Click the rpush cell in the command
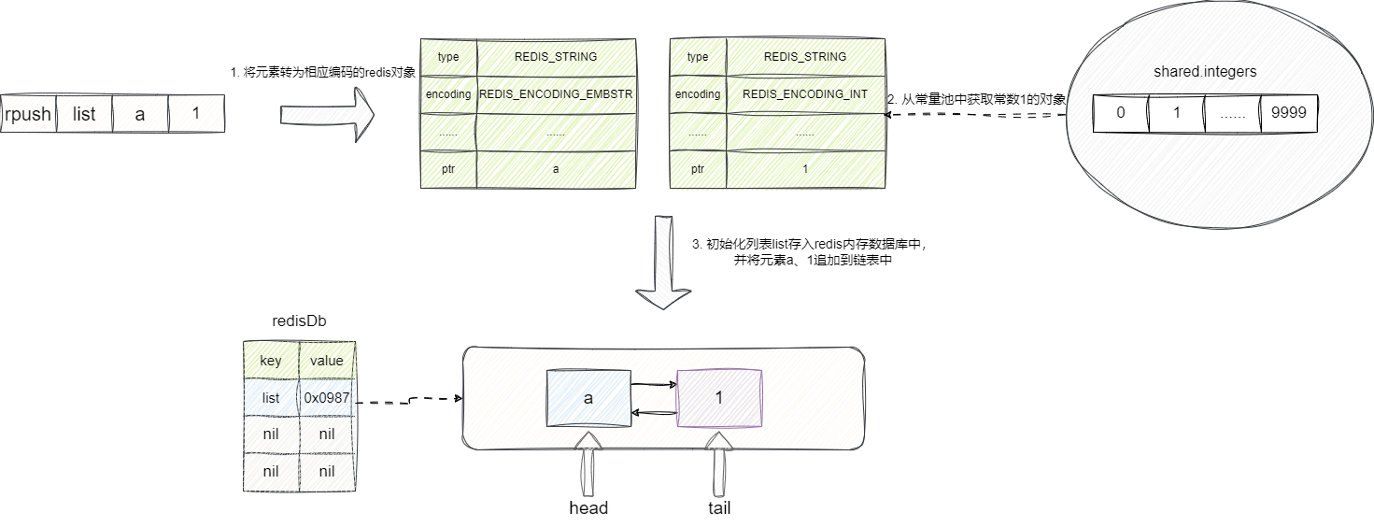click(28, 114)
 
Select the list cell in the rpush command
click(84, 114)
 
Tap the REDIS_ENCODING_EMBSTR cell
click(556, 94)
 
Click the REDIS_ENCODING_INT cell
click(804, 94)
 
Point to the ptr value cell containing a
click(556, 169)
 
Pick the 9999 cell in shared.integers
click(1288, 114)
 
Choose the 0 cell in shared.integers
click(1120, 114)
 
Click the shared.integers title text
click(1204, 71)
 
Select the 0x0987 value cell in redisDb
click(327, 397)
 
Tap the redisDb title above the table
click(299, 320)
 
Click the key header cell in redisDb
click(270, 360)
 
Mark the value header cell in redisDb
click(327, 360)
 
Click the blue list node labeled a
click(588, 398)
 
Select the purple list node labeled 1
click(719, 398)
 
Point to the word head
click(588, 508)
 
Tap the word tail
click(719, 508)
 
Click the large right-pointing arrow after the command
click(327, 114)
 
